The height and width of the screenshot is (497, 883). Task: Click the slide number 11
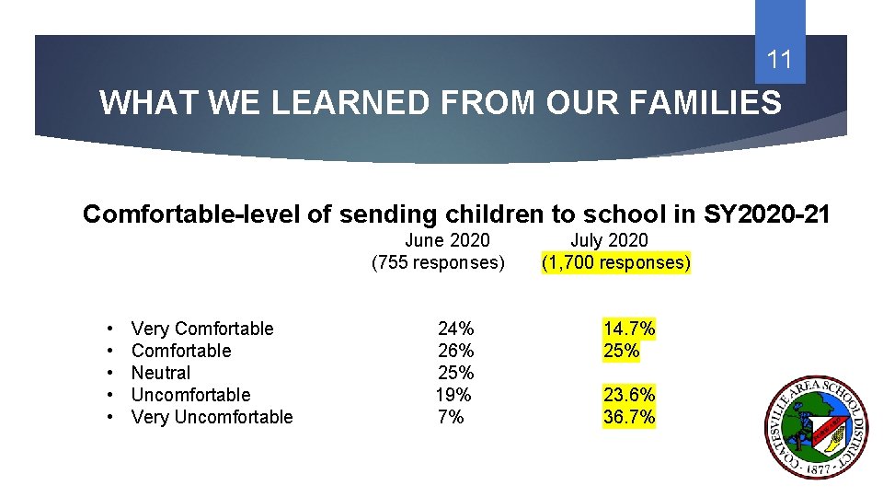coord(779,61)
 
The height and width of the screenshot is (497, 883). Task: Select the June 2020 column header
coord(447,240)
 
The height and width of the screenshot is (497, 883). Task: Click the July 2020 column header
coord(609,240)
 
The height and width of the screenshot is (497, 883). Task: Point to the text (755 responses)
coord(438,263)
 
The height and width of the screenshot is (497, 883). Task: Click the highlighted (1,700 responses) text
coord(616,263)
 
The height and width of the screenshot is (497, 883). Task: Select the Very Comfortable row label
coord(202,329)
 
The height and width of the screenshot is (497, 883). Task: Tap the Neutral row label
coord(161,373)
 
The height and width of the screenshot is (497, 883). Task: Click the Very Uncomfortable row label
coord(212,417)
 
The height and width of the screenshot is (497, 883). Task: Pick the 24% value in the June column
coord(455,329)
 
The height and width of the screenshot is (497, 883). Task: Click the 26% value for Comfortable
coord(455,351)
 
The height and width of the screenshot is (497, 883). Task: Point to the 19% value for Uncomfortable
coord(453,395)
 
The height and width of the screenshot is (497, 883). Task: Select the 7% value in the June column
coord(451,417)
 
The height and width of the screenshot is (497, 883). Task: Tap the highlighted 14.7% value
coord(629,329)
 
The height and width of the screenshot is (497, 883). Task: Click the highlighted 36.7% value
coord(629,417)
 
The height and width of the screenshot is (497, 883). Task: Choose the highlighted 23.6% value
coord(629,395)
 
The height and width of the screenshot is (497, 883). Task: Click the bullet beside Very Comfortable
coord(109,329)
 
